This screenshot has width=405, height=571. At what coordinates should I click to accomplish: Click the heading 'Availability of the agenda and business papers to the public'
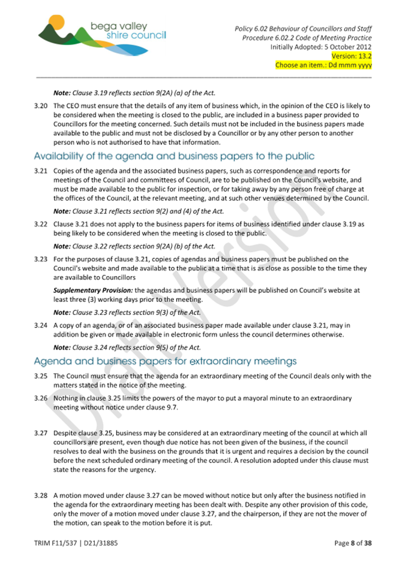(x=174, y=156)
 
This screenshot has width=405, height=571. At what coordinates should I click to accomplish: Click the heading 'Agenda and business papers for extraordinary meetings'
(x=165, y=361)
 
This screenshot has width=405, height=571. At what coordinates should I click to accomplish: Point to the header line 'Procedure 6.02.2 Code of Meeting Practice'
(x=307, y=38)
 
